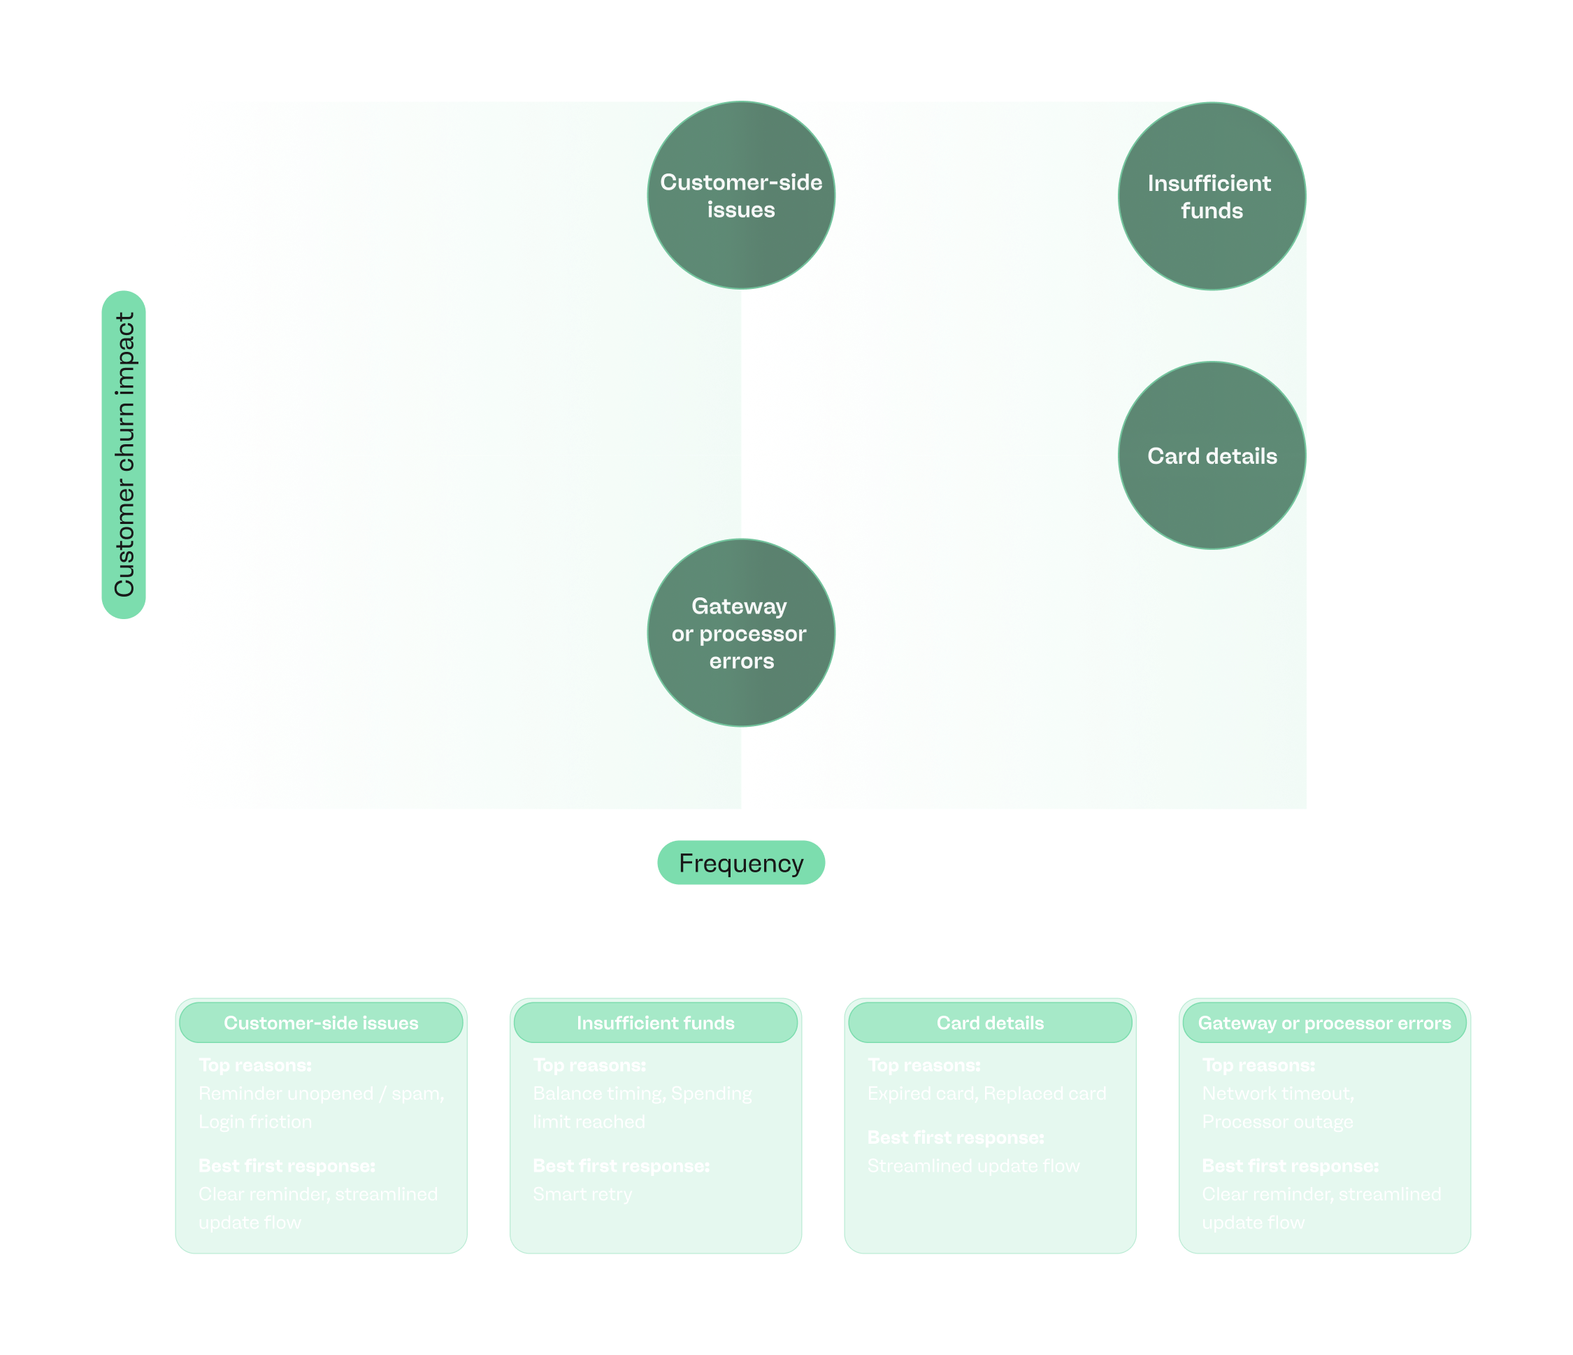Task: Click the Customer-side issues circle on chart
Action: tap(741, 195)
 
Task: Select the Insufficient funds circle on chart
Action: tap(1212, 196)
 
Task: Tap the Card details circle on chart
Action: tap(1212, 455)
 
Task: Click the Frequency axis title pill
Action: tap(741, 863)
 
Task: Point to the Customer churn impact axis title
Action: tap(124, 454)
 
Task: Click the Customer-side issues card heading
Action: tap(321, 1023)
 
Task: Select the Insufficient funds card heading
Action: tap(655, 1023)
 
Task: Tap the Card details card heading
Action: tap(990, 1023)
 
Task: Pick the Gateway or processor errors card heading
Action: tap(1324, 1023)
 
